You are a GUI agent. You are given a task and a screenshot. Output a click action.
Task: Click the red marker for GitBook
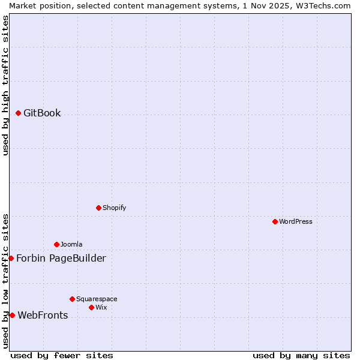(x=18, y=113)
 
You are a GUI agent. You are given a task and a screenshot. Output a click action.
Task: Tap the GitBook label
(x=42, y=113)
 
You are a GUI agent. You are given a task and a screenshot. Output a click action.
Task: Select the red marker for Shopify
(x=98, y=208)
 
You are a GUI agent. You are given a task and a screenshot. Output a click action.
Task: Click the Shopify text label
(x=114, y=208)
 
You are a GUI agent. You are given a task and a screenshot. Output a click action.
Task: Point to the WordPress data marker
(x=275, y=221)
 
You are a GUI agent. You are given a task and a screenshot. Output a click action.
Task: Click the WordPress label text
(x=295, y=221)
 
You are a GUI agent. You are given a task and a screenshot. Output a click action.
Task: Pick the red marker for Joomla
(x=56, y=244)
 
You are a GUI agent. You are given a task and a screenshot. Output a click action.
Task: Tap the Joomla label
(x=71, y=244)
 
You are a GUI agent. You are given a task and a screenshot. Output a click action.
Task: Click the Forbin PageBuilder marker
(x=11, y=258)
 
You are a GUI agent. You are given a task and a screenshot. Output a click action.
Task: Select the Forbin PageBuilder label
(x=61, y=258)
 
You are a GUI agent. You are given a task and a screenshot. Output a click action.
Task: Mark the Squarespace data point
(x=72, y=299)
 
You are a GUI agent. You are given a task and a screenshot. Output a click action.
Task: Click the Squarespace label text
(x=97, y=299)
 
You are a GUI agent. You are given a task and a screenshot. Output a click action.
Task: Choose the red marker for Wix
(x=91, y=307)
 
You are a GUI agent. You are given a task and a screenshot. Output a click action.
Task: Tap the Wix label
(x=101, y=307)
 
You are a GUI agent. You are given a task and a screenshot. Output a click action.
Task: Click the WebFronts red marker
(x=12, y=315)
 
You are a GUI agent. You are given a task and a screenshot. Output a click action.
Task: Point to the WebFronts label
(x=43, y=315)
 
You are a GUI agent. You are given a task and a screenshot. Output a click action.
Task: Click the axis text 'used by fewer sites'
(x=62, y=355)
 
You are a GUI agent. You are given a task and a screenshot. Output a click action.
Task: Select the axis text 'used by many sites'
(x=301, y=355)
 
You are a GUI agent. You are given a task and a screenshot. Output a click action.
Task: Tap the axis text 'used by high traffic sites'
(x=5, y=85)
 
